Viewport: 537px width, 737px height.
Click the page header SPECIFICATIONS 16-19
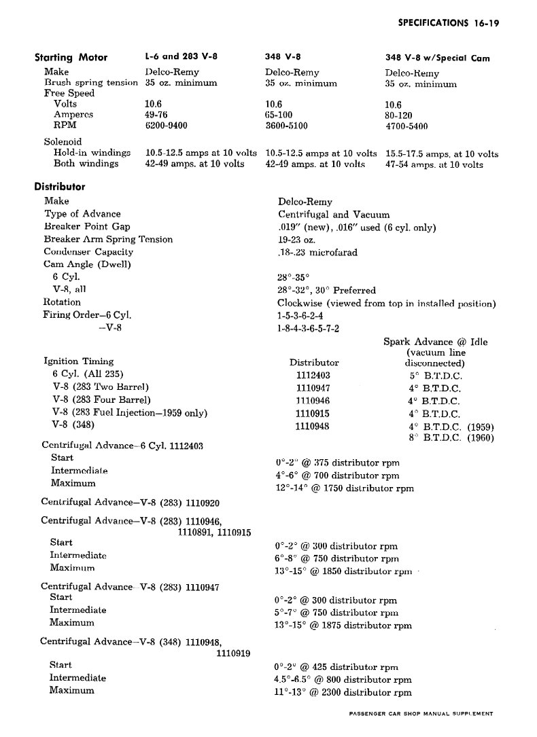[x=449, y=22]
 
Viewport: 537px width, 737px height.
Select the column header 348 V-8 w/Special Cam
[x=437, y=58]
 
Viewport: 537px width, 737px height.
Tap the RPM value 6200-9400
[x=166, y=126]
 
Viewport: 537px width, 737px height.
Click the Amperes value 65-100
[x=279, y=115]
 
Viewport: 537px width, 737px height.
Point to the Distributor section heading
[x=60, y=186]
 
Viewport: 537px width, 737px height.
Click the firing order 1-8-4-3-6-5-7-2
[x=309, y=328]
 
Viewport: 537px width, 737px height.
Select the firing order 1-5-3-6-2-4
[x=300, y=315]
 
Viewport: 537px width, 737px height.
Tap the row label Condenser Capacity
[x=88, y=252]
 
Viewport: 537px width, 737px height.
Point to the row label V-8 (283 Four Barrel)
[x=101, y=399]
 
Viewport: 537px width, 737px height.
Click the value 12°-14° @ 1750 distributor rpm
[x=344, y=488]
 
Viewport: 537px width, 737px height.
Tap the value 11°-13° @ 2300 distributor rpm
[x=343, y=693]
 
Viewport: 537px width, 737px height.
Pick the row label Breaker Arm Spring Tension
[x=108, y=239]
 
